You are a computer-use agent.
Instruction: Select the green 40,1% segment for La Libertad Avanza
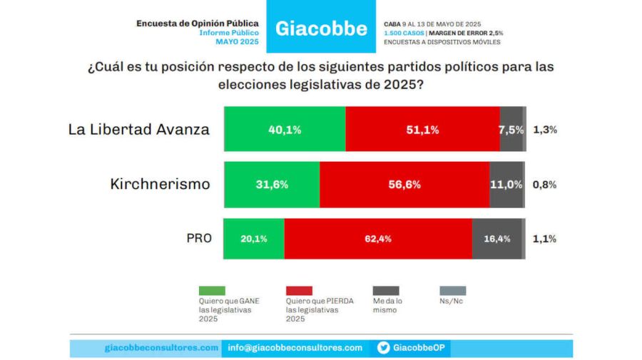tap(285, 130)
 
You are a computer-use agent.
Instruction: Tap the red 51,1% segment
tap(422, 130)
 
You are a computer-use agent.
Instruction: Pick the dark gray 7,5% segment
tap(511, 130)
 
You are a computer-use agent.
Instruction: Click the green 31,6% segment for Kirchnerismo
tap(272, 185)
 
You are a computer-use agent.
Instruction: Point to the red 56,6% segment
tap(404, 185)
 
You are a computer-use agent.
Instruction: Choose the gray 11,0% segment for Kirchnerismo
tap(506, 185)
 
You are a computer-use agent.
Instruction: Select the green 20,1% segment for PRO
tap(254, 239)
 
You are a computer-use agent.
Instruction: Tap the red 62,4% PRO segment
tap(378, 239)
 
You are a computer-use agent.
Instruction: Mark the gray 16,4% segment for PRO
tap(496, 239)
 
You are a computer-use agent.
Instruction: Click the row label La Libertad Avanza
tap(139, 130)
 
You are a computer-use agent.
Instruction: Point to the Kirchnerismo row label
tap(160, 185)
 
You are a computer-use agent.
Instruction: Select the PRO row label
tap(198, 239)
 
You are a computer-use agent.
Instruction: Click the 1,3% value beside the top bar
tap(544, 130)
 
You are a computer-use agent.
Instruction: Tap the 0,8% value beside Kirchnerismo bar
tap(544, 185)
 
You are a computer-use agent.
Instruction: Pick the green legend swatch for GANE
tap(212, 291)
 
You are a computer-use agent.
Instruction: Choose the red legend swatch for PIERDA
tap(298, 291)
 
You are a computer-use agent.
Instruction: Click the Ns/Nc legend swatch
tap(453, 291)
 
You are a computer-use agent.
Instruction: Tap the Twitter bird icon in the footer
tap(383, 348)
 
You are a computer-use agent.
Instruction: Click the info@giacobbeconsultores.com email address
tap(295, 348)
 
